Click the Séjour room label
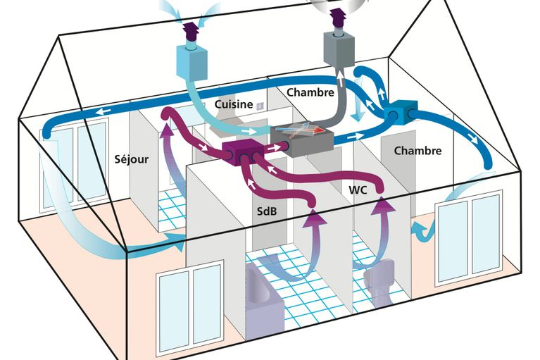click(x=131, y=159)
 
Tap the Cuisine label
click(x=234, y=104)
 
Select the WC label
click(x=358, y=190)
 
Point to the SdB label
click(x=267, y=211)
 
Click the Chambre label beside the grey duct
click(x=310, y=92)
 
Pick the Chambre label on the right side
click(x=417, y=151)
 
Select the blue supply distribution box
click(x=401, y=113)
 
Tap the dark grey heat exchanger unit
click(x=302, y=139)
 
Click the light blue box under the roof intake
click(x=192, y=61)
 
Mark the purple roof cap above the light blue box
click(x=191, y=32)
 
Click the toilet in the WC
click(x=379, y=281)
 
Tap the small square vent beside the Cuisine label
click(x=260, y=106)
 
